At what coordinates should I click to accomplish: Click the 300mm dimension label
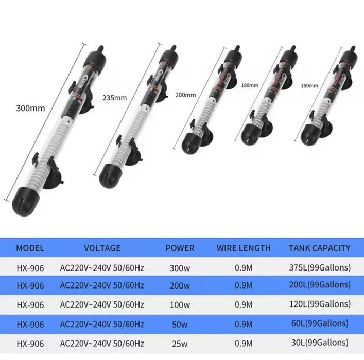point(30,108)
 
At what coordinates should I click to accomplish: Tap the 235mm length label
point(115,98)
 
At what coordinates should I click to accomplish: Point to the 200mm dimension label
point(185,95)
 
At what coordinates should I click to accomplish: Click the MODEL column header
point(30,248)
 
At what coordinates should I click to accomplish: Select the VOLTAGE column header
point(102,248)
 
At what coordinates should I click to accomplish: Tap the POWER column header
point(180,248)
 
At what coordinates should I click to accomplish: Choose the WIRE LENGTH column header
point(244,248)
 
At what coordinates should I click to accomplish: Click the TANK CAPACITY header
point(319,248)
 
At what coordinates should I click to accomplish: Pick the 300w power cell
point(180,268)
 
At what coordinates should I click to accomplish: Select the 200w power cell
point(180,285)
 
